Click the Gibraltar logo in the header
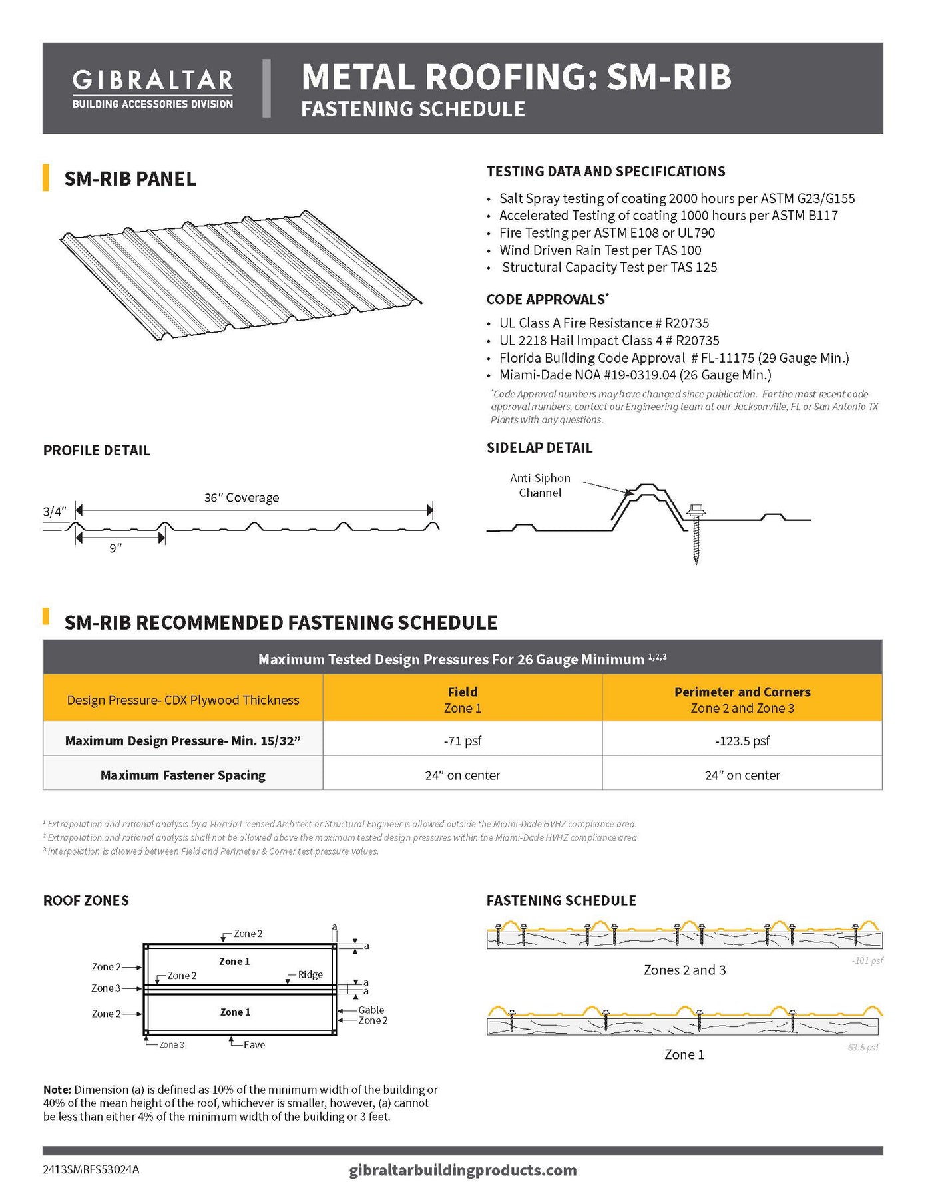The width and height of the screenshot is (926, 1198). (x=152, y=89)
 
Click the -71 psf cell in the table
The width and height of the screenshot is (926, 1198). (x=462, y=741)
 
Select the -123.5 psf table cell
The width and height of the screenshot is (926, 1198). (x=742, y=741)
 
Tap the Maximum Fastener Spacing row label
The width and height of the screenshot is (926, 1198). (x=182, y=775)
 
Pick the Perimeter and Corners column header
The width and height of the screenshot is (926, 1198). (x=742, y=699)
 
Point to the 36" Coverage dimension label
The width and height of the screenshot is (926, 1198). (x=241, y=498)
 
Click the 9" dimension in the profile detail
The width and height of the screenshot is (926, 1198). (x=116, y=548)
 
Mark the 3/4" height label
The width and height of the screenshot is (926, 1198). (x=55, y=512)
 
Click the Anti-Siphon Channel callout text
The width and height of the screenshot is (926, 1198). (x=540, y=485)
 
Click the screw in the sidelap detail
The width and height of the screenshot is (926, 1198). (x=696, y=532)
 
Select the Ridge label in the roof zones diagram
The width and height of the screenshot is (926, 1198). (x=310, y=974)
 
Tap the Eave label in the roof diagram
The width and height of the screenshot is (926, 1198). (x=254, y=1045)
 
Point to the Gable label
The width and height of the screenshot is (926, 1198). (x=371, y=1010)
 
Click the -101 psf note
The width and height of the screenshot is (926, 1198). (x=867, y=960)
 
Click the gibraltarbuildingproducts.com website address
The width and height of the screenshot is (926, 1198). (x=463, y=1170)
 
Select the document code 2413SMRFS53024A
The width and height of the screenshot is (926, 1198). (x=91, y=1169)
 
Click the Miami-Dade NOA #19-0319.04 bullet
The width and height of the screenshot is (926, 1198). (x=635, y=375)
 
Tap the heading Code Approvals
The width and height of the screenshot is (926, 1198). (x=546, y=299)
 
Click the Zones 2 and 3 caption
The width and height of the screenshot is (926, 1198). (x=684, y=970)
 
